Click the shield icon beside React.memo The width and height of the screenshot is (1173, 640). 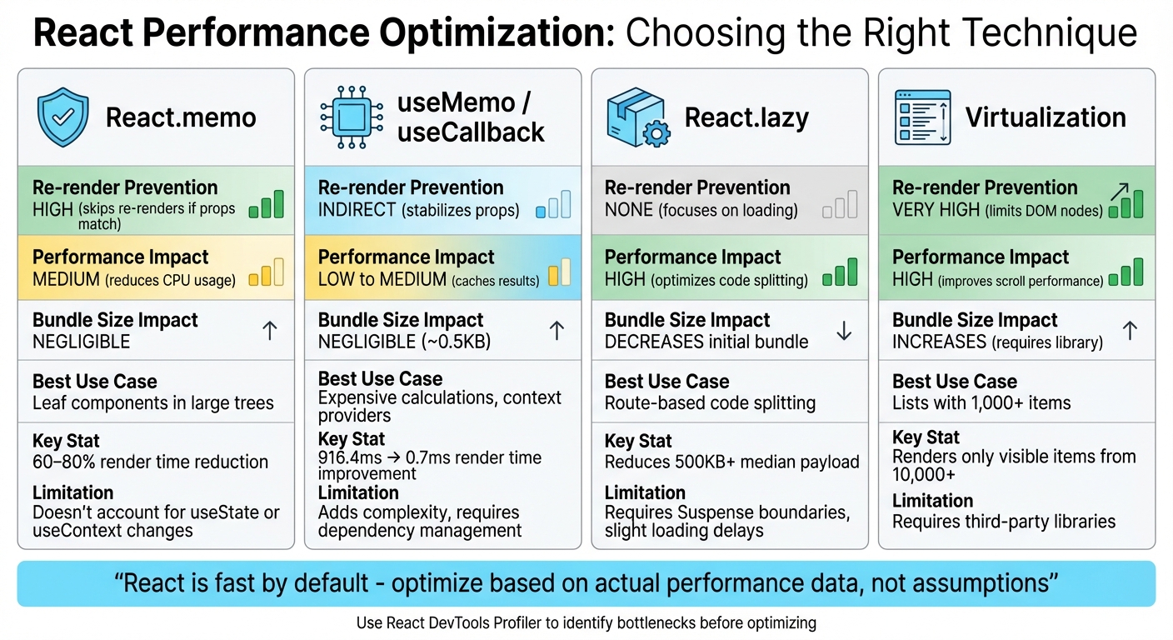coord(62,117)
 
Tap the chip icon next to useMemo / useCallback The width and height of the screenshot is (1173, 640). coord(351,117)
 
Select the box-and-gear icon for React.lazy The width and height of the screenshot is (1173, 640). coord(636,118)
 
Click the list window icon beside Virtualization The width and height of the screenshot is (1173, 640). coord(922,117)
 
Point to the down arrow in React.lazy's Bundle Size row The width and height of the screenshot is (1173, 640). coord(844,331)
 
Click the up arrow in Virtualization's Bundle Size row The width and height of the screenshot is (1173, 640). coord(1130,331)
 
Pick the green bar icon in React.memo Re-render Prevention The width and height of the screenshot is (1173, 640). coord(267,204)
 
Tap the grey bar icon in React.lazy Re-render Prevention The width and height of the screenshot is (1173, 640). coord(839,204)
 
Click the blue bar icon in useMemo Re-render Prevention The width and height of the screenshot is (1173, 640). coord(553,205)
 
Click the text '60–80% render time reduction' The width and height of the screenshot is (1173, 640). coord(150,462)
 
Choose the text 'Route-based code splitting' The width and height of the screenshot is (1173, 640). coord(710,403)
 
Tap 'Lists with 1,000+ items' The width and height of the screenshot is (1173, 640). coord(981,403)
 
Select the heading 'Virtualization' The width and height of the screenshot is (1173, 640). coord(1046,117)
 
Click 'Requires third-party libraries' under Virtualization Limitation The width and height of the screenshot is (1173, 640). coord(1004,522)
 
